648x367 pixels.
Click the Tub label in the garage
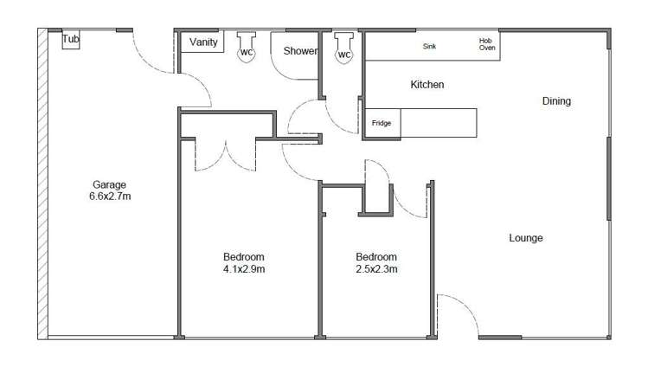click(70, 38)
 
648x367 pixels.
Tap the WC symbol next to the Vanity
click(247, 51)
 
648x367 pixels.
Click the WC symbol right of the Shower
click(344, 54)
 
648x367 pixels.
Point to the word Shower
click(300, 51)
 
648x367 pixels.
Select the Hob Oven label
click(486, 44)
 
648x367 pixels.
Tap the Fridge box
click(382, 123)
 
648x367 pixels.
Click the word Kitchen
click(427, 85)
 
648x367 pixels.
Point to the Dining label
click(556, 101)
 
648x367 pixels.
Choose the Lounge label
click(525, 238)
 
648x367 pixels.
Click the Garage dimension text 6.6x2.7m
click(110, 196)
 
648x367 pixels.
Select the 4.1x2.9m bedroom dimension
click(243, 269)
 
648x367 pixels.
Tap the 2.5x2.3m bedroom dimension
click(376, 269)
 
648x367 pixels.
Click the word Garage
click(110, 184)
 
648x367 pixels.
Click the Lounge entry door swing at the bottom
click(456, 315)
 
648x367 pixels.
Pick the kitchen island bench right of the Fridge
click(438, 123)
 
